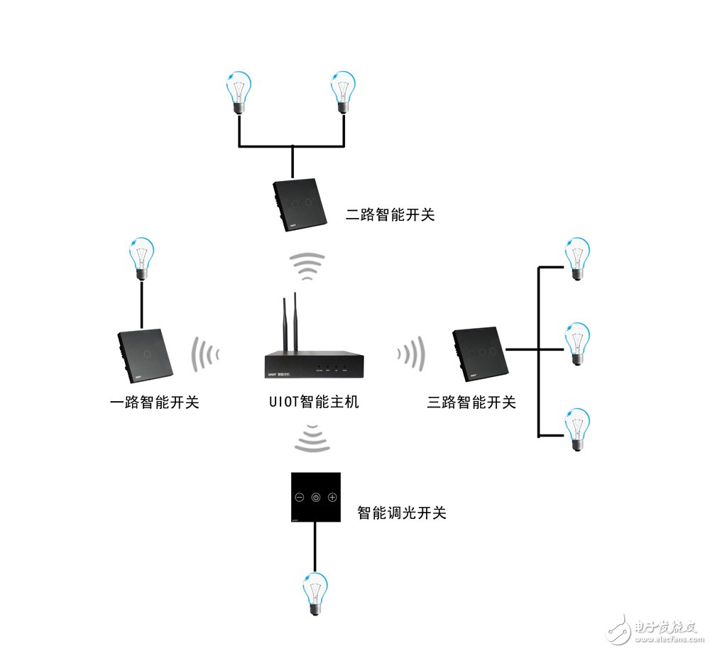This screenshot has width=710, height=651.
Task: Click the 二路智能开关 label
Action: click(x=390, y=214)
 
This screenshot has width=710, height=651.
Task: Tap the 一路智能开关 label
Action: click(x=154, y=403)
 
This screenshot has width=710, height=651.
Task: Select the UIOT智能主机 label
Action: click(x=310, y=402)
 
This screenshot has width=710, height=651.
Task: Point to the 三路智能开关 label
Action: click(x=471, y=403)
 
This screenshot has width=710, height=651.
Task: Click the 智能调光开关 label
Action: click(x=402, y=512)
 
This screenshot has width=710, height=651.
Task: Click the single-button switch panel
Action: click(x=143, y=354)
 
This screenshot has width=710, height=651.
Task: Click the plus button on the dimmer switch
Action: click(x=332, y=497)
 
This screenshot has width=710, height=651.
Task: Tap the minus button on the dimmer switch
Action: click(x=299, y=497)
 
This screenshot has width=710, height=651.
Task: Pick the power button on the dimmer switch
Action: click(x=316, y=497)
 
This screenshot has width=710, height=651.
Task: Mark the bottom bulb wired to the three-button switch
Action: click(x=577, y=430)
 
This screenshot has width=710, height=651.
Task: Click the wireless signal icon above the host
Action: click(x=308, y=267)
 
